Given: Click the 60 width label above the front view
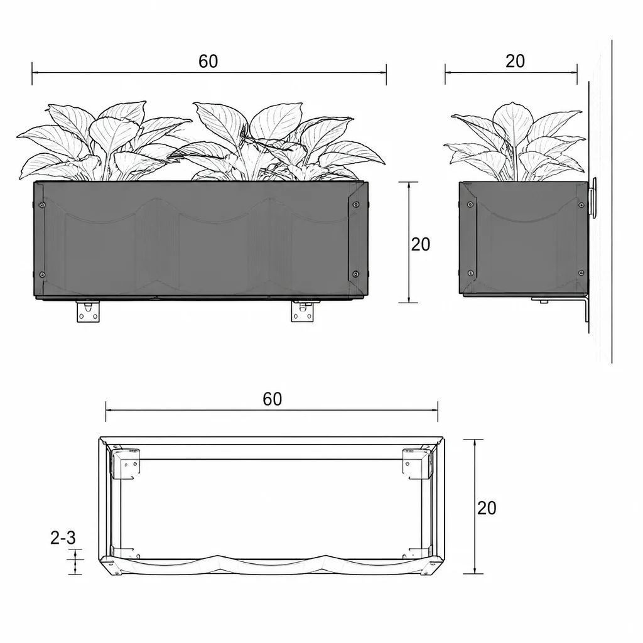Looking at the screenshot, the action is click(x=208, y=62).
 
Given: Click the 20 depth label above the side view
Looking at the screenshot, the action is click(x=515, y=61).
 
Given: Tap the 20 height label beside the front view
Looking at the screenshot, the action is click(x=420, y=244).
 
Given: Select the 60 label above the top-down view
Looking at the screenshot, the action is click(x=273, y=399).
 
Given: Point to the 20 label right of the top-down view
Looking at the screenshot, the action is click(x=487, y=508).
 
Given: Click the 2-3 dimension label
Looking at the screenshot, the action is click(x=63, y=538).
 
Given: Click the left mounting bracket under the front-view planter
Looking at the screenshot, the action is click(x=88, y=311).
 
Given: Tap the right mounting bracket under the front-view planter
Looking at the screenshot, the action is click(x=303, y=311).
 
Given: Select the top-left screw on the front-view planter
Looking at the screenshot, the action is click(x=41, y=204).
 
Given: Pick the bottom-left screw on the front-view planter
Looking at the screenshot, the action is click(x=41, y=274).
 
